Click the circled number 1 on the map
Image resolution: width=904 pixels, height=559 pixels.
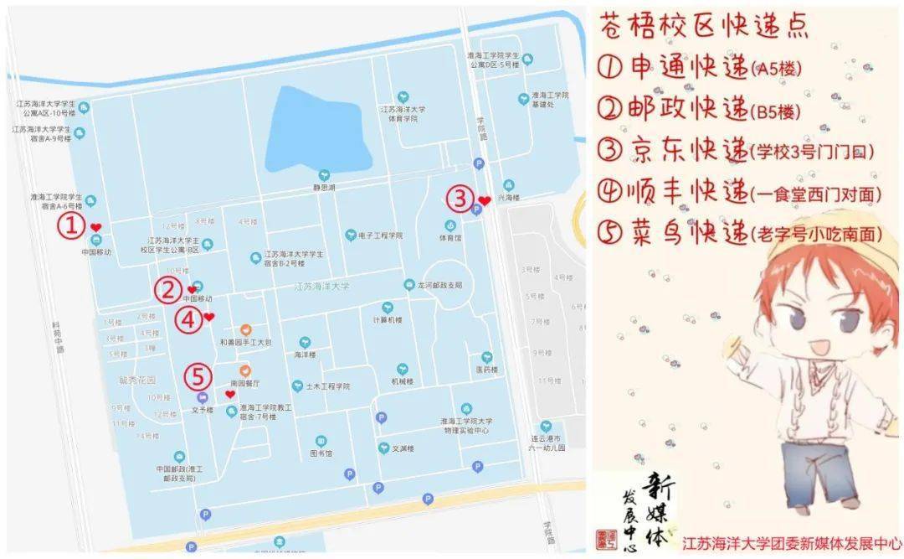coord(71,225)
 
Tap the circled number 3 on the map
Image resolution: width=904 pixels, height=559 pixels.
coord(460,199)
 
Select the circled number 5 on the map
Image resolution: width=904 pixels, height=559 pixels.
coord(198,375)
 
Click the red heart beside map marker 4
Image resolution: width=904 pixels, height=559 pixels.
coord(209,317)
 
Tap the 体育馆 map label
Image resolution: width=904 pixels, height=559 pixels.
coord(449,237)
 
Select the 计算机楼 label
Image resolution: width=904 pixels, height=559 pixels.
coord(388,319)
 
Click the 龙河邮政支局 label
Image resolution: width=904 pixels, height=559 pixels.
coord(439,285)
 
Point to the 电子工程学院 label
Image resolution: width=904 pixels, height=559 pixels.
coord(380,236)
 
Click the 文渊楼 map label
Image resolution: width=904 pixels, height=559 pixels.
coord(403,448)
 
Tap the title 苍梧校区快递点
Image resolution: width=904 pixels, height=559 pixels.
coord(704,27)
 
